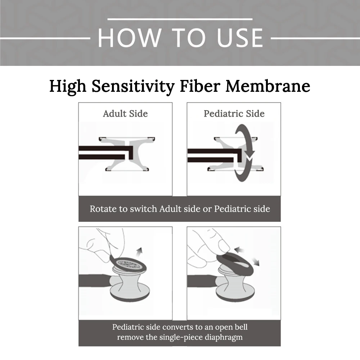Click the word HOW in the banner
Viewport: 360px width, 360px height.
tap(129, 38)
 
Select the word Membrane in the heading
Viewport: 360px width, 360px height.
tap(268, 86)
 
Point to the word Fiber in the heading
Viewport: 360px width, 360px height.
tap(200, 86)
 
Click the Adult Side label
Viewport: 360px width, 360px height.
tap(125, 114)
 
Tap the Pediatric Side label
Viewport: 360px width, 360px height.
tap(234, 114)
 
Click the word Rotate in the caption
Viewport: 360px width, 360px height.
tap(103, 209)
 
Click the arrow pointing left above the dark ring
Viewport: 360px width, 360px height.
tap(239, 249)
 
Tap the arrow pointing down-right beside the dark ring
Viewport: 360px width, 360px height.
tap(256, 261)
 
